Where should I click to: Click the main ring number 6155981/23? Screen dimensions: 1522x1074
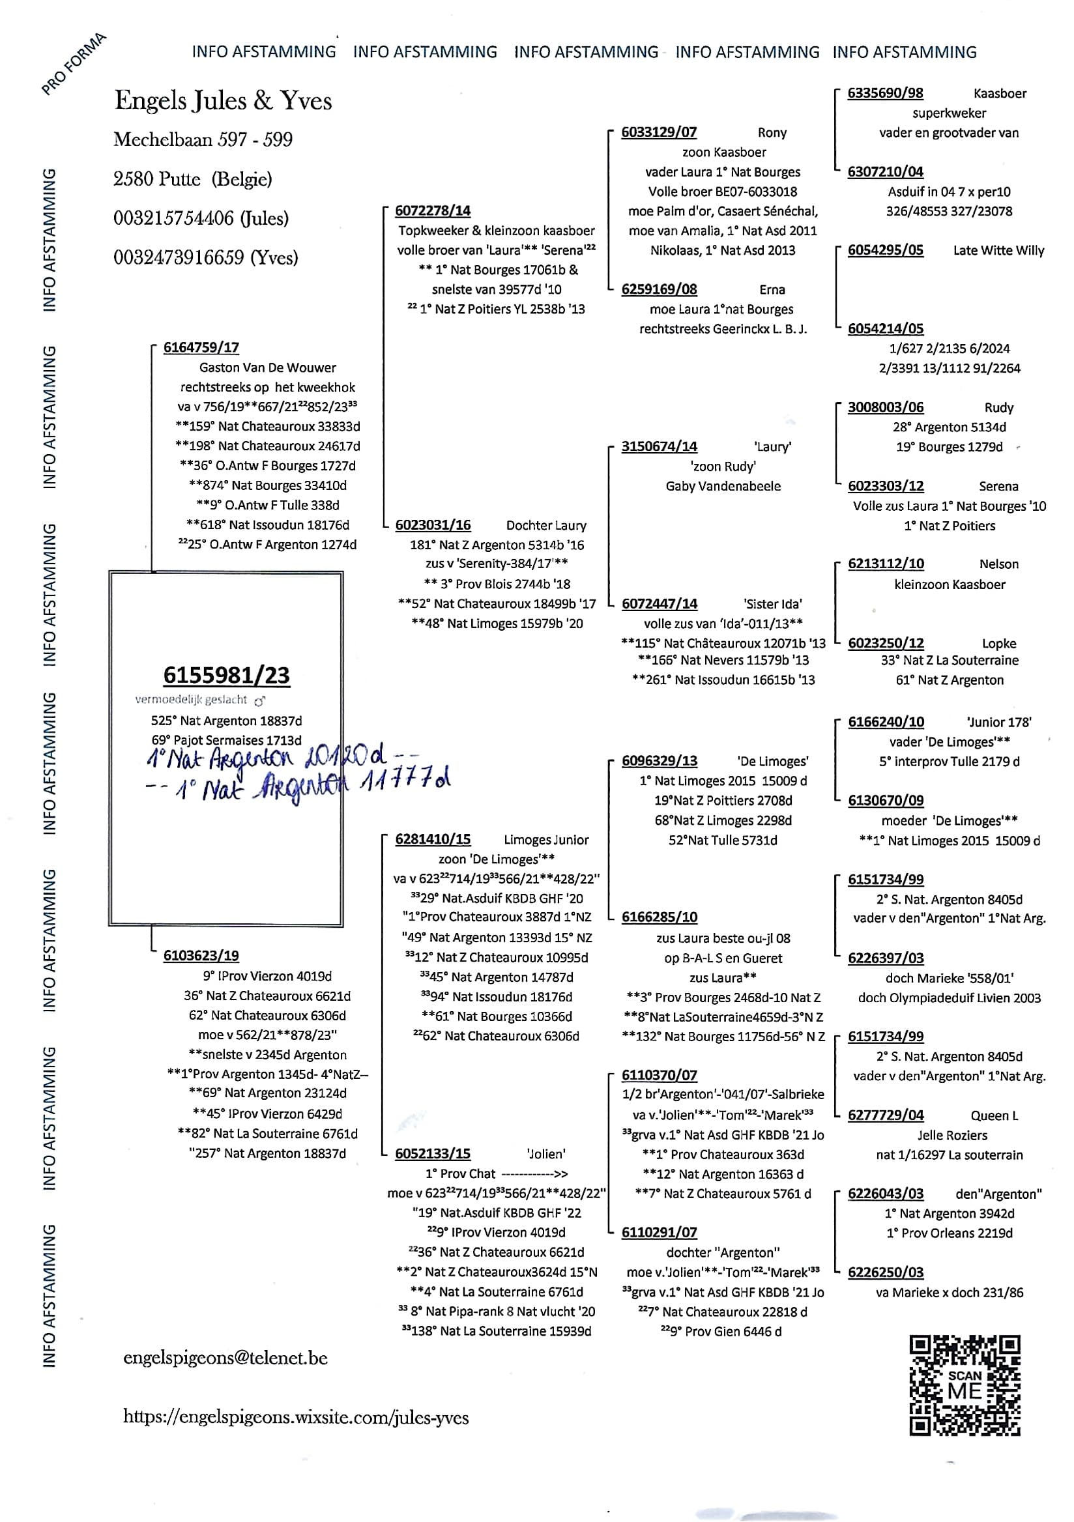point(226,675)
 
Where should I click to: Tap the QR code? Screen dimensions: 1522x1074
point(965,1385)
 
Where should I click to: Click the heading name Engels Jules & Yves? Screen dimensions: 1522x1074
point(224,101)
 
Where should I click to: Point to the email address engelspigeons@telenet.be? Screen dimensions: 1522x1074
point(225,1358)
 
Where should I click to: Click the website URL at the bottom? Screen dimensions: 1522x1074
point(296,1417)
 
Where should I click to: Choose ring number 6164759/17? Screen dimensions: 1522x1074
point(201,347)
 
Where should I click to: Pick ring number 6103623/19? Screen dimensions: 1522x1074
point(201,955)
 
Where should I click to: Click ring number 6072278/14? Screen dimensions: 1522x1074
point(433,211)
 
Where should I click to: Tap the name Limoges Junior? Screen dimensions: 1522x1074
point(546,840)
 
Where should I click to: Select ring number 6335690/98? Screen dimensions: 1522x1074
point(885,93)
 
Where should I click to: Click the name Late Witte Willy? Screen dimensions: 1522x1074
point(998,251)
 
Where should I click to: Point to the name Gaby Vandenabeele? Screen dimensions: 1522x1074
point(723,486)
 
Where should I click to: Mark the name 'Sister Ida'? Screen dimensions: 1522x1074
point(772,604)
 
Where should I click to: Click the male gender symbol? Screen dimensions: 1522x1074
point(260,700)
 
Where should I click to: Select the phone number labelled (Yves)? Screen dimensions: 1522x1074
point(205,257)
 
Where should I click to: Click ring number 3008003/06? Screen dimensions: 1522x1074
point(886,407)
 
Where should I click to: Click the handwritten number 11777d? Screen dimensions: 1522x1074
point(405,783)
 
